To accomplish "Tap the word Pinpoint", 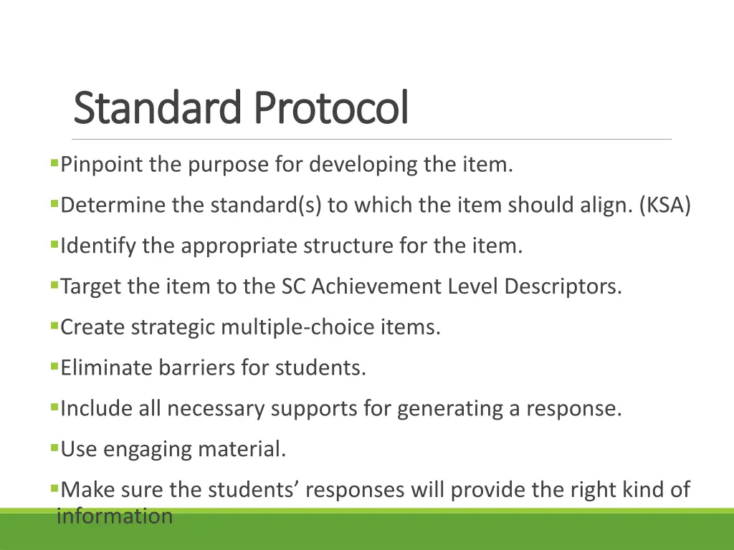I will pos(102,165).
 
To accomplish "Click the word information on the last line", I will pos(115,516).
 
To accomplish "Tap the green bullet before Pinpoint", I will pos(54,163).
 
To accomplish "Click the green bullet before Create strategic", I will pos(54,326).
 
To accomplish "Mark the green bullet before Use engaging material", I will pos(54,448).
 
